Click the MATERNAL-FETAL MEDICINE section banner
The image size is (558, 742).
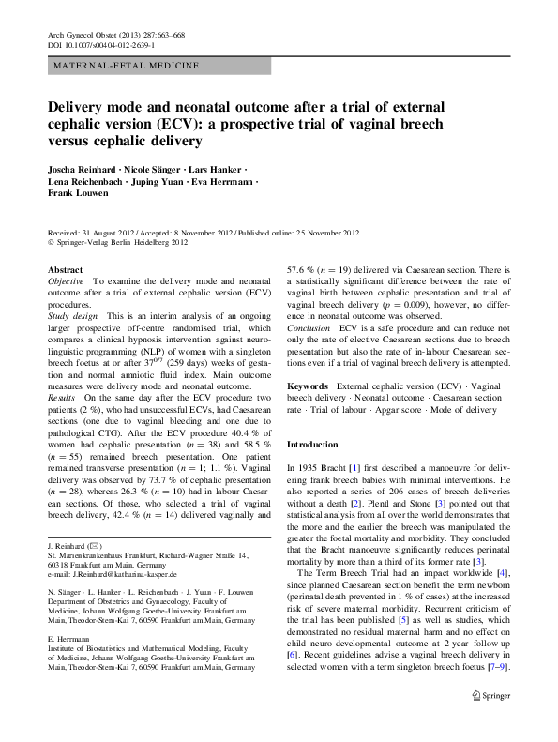126,66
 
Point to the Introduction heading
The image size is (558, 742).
313,443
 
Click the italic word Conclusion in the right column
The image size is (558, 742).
309,330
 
